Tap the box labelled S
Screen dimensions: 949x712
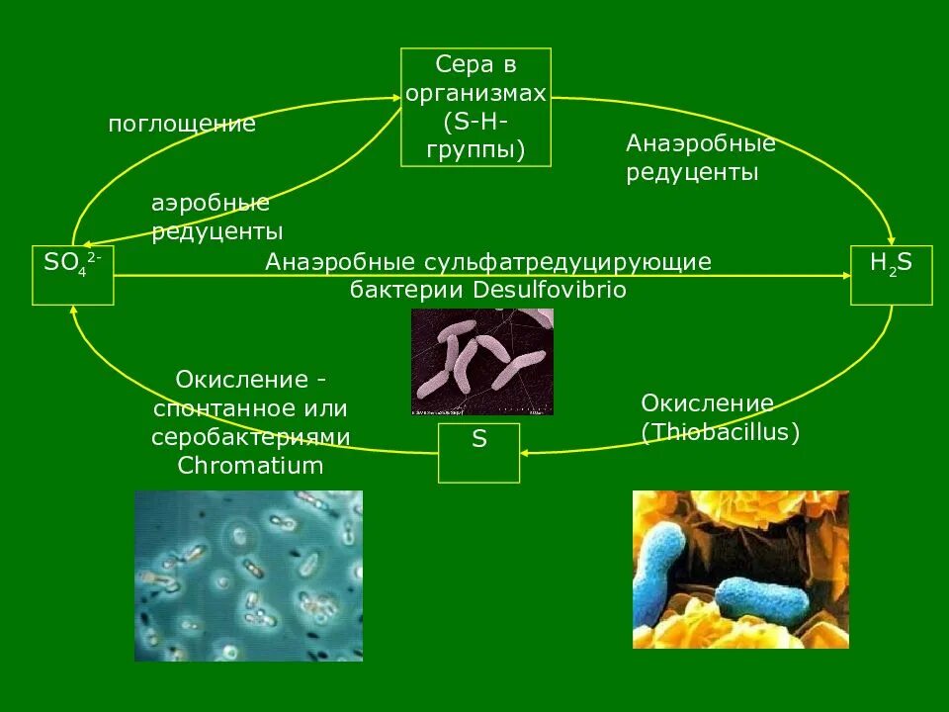[478, 452]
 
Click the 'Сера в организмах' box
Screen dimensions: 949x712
[475, 107]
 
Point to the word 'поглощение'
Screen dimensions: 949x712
[182, 125]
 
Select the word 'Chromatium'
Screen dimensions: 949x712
[250, 465]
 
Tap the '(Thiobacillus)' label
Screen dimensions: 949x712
[720, 432]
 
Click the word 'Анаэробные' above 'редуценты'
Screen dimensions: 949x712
[701, 144]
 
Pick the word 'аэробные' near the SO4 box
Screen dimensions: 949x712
[211, 204]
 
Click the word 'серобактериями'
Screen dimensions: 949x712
[251, 436]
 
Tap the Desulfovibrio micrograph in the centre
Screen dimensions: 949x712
[482, 361]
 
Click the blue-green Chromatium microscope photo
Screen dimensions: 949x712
[248, 576]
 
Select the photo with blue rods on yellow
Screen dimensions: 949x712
[740, 570]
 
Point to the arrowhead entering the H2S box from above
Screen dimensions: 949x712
[893, 241]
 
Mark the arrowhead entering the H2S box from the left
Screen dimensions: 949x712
[845, 277]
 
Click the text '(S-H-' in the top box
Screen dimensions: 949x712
[475, 122]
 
